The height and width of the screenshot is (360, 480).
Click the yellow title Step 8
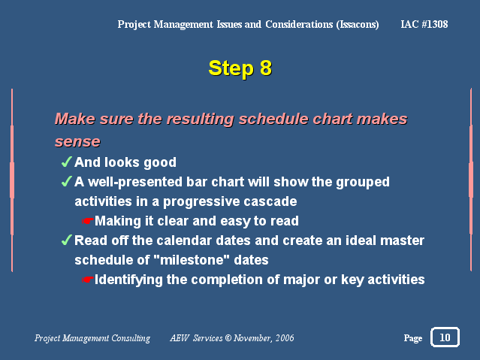coord(240,68)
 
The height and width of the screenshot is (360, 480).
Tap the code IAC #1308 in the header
coord(424,24)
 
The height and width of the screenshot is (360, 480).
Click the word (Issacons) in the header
coord(358,25)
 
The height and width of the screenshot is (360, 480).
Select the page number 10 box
coord(445,337)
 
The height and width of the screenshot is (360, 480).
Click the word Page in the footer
coord(413,338)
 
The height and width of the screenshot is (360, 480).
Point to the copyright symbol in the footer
coord(228,337)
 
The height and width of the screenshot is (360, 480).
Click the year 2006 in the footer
coord(285,337)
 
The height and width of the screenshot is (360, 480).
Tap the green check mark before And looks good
coord(66,162)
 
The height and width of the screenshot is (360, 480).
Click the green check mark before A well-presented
coord(66,181)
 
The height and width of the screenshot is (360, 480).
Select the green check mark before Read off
coord(66,240)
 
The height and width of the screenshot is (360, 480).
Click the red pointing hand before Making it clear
coord(88,221)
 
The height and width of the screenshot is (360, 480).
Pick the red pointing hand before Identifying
coord(88,280)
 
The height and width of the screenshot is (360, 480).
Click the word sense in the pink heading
coord(77,142)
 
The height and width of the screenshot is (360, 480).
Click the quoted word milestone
coord(192,260)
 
